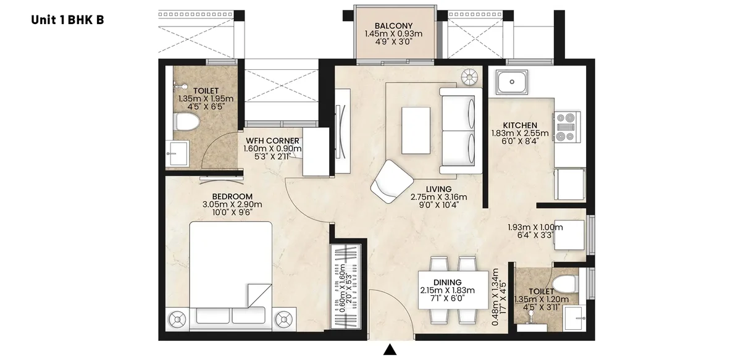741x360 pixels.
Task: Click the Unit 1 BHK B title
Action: pyautogui.click(x=67, y=20)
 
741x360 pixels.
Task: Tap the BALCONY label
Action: pyautogui.click(x=394, y=25)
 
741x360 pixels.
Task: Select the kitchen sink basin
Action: pyautogui.click(x=512, y=82)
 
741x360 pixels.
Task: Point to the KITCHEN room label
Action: pyautogui.click(x=520, y=125)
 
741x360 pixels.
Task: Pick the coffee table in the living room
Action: pyautogui.click(x=416, y=130)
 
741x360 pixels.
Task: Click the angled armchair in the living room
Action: pyautogui.click(x=392, y=182)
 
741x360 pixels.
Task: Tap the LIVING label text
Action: pyautogui.click(x=438, y=189)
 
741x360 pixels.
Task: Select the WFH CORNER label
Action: pyautogui.click(x=272, y=141)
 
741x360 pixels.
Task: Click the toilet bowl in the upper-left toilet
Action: pyautogui.click(x=187, y=122)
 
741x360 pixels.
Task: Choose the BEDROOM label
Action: pyautogui.click(x=232, y=196)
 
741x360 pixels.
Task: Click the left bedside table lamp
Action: pyautogui.click(x=178, y=320)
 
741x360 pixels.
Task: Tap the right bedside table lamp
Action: pyautogui.click(x=284, y=320)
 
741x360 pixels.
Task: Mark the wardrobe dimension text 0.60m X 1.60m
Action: pyautogui.click(x=342, y=288)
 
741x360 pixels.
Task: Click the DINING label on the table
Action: pyautogui.click(x=447, y=282)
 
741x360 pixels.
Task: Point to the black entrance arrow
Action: pyautogui.click(x=390, y=350)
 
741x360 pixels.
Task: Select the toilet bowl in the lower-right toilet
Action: pyautogui.click(x=566, y=284)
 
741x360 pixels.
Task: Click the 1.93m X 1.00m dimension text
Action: pyautogui.click(x=535, y=227)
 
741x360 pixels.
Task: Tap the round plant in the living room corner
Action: pyautogui.click(x=470, y=77)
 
